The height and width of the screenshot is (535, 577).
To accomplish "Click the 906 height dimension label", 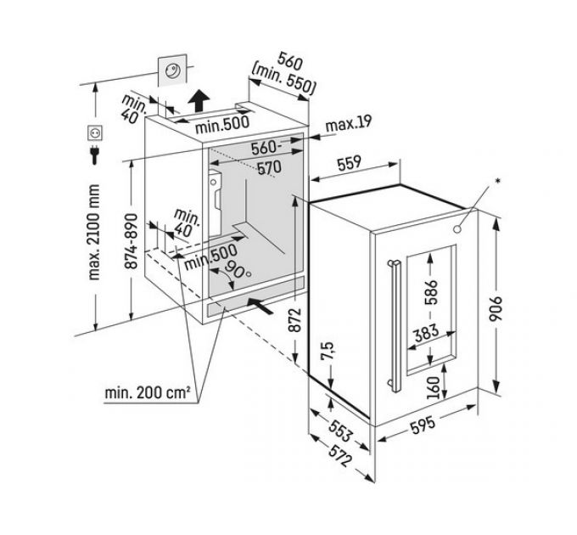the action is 496,308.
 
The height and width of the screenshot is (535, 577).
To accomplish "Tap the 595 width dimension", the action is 423,425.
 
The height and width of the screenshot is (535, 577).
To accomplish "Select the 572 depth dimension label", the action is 340,456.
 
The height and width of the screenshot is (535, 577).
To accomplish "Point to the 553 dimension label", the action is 340,431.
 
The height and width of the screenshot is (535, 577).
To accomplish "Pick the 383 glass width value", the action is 427,333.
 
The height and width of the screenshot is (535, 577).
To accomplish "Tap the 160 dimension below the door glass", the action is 434,387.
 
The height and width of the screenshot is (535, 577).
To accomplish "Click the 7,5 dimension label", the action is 328,351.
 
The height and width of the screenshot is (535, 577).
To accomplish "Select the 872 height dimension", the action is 294,319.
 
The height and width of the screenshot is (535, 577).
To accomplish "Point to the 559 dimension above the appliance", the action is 350,164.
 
